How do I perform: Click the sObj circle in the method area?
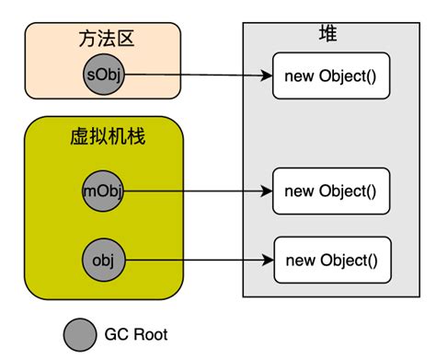tap(102, 74)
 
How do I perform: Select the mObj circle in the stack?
tap(102, 191)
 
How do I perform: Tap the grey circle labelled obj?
tap(102, 259)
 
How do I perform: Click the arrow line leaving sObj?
tap(193, 75)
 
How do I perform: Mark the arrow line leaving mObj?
tap(193, 192)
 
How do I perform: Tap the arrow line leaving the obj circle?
tap(193, 261)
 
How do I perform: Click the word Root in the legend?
tap(150, 335)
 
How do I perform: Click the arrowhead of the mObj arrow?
tap(267, 192)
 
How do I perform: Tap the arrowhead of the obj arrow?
tap(269, 261)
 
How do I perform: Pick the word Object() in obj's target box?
tap(347, 259)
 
